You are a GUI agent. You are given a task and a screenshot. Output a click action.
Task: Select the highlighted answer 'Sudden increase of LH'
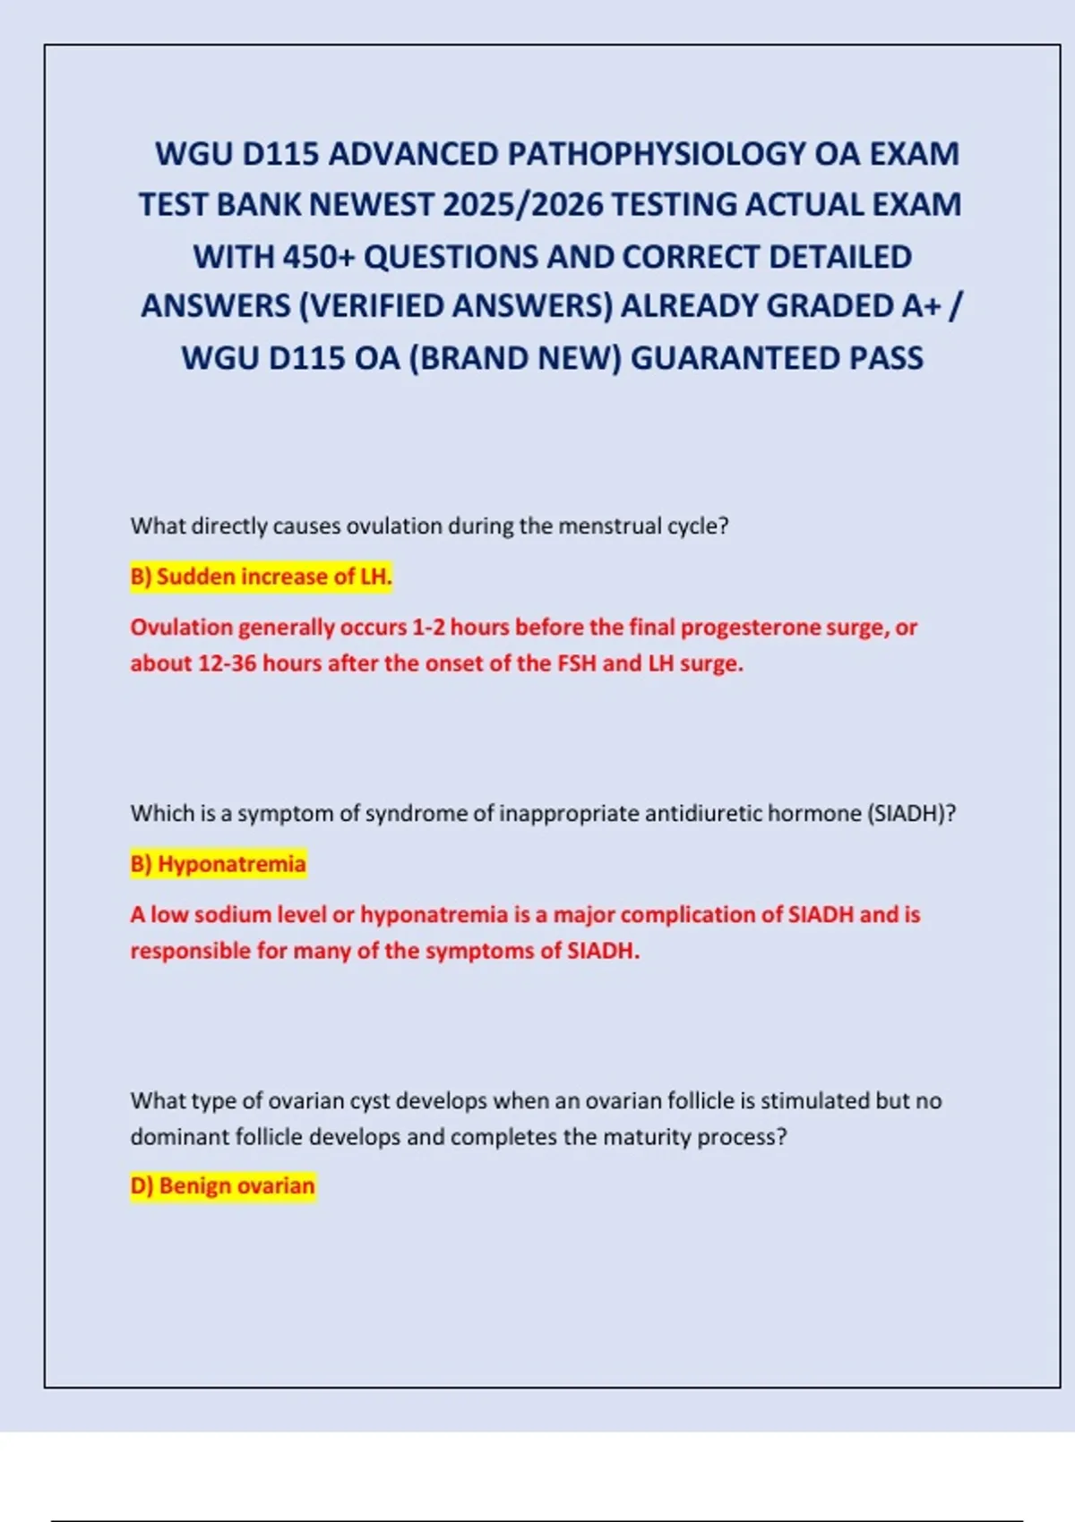pyautogui.click(x=262, y=577)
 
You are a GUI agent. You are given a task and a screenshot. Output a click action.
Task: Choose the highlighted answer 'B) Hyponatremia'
pyautogui.click(x=219, y=864)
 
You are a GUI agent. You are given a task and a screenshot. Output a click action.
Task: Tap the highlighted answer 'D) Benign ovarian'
pyautogui.click(x=223, y=1186)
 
